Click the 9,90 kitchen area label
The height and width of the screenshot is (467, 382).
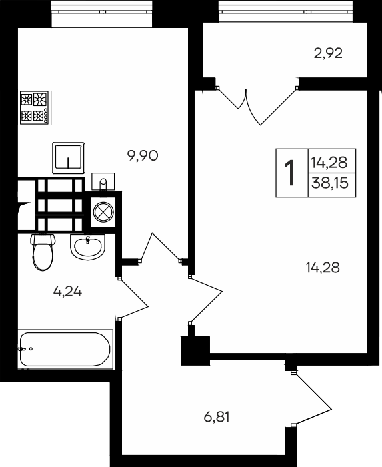click(x=143, y=155)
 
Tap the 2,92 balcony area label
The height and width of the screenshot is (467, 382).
click(x=328, y=53)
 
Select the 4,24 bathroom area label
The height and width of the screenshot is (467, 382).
click(x=67, y=292)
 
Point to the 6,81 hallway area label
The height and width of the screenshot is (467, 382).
click(x=217, y=417)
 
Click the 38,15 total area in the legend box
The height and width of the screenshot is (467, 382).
click(x=329, y=183)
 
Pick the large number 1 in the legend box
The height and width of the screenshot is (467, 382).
click(x=290, y=173)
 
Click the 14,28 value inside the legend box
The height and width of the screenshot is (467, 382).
click(x=329, y=163)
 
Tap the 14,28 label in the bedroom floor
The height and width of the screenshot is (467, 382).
click(x=323, y=267)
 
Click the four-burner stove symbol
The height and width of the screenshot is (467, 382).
click(x=35, y=107)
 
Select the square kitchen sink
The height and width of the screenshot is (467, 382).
click(x=68, y=158)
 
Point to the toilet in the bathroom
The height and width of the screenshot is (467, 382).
click(x=43, y=252)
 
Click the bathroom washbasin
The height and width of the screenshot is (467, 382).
click(x=88, y=246)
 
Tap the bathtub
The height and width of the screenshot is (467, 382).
click(x=65, y=350)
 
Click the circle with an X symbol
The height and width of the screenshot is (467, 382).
click(x=103, y=212)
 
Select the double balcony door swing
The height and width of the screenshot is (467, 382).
click(x=256, y=106)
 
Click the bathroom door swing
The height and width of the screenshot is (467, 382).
click(x=133, y=298)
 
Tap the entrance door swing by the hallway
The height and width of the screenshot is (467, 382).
click(x=312, y=398)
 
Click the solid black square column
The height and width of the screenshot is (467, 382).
click(x=195, y=350)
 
